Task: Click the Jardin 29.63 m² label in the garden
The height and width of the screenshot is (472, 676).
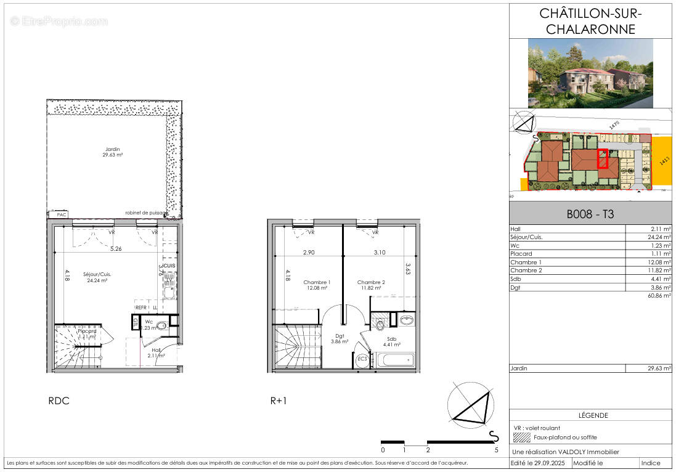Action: coord(113,152)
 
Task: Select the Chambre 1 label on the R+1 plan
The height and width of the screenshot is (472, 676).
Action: coord(317,285)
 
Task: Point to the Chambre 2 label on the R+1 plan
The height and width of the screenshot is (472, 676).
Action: coord(371,285)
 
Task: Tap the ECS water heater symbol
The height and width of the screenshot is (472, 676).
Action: coord(362,359)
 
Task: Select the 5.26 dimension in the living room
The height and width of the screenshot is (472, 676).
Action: coord(116,250)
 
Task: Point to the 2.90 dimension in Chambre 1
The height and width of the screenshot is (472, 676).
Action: coord(309,253)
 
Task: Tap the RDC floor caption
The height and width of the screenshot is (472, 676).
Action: coord(59,401)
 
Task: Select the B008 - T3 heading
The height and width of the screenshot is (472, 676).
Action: coord(590,215)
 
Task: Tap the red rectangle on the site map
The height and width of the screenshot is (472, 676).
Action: coord(603,159)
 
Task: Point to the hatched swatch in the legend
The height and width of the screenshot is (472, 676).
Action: coord(521,437)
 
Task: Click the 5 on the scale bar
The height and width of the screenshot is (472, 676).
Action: coord(496,450)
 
